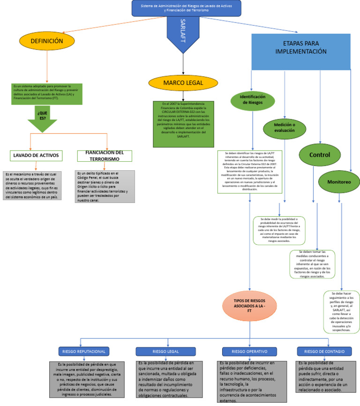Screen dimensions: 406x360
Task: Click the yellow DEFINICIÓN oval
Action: click(47, 41)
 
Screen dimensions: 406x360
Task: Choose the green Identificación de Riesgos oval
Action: click(253, 99)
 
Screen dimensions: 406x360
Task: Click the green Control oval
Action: click(321, 155)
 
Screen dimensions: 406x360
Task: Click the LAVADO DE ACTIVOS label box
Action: click(36, 156)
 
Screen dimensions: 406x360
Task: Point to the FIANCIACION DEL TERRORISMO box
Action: click(105, 156)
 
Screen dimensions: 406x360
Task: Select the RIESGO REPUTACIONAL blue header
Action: click(84, 351)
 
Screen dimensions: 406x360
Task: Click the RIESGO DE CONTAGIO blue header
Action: click(324, 351)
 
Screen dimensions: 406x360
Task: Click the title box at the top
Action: click(187, 8)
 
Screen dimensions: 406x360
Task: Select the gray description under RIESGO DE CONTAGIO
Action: click(324, 376)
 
